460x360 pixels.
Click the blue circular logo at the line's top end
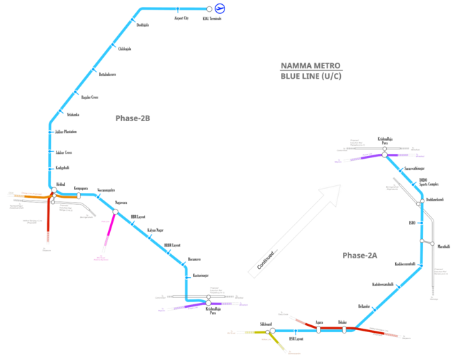(220, 8)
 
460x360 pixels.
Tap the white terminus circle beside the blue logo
(209, 9)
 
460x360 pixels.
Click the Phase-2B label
(133, 118)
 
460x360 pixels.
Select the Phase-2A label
(358, 256)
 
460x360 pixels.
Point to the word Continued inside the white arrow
(267, 260)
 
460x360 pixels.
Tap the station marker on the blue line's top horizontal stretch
(178, 9)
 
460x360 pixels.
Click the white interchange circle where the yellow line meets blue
(272, 330)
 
